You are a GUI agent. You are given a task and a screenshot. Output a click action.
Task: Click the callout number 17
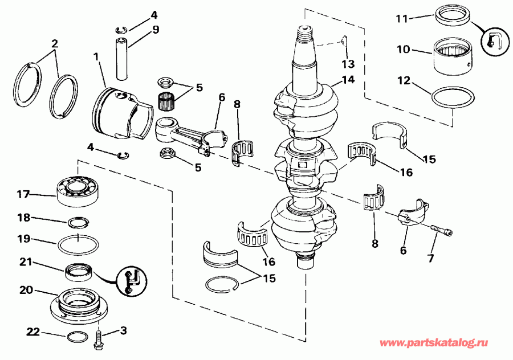[22, 194]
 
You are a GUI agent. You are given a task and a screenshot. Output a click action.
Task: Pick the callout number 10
[402, 50]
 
